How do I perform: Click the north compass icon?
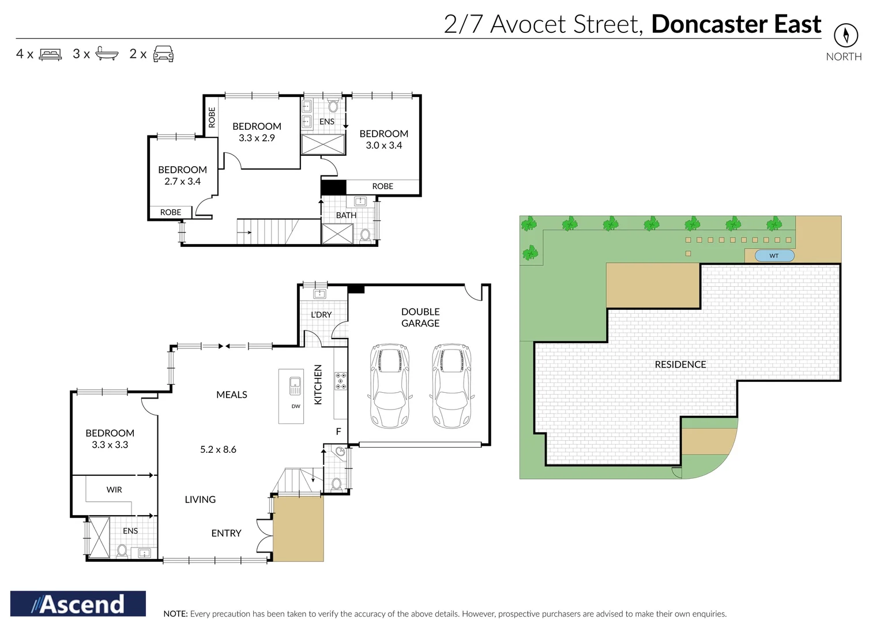[x=845, y=36]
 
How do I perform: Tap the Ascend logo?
[x=78, y=604]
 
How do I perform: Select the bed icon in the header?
[x=50, y=55]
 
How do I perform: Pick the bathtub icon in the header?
[x=107, y=54]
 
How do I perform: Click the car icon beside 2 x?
[x=163, y=54]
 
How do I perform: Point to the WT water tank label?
[x=774, y=256]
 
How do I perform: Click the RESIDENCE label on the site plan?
[x=680, y=365]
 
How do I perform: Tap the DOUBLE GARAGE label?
[x=420, y=317]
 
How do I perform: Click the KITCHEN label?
[x=318, y=384]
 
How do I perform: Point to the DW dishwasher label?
[x=296, y=406]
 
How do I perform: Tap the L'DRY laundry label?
[x=321, y=315]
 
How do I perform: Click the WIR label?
[x=114, y=490]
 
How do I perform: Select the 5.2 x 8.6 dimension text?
[x=218, y=449]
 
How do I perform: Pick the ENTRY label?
[x=226, y=534]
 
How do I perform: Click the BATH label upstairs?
[x=346, y=215]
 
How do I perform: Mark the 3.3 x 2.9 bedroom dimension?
[x=257, y=138]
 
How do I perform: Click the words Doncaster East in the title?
[x=736, y=24]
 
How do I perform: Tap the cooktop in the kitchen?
[x=341, y=381]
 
